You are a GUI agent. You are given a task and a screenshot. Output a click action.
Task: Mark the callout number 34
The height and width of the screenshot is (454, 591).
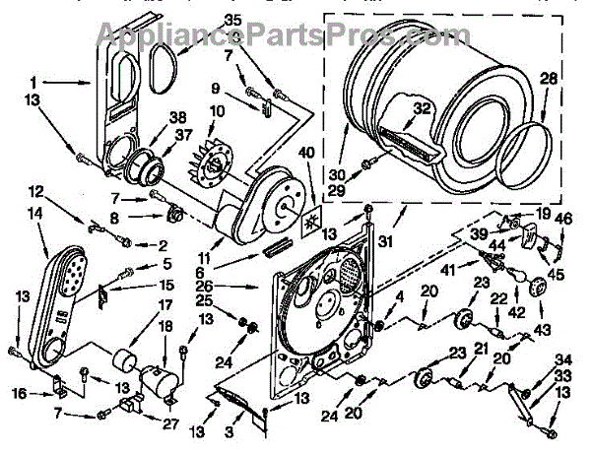562,359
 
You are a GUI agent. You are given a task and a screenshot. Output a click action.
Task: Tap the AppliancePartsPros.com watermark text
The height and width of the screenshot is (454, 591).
281,36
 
